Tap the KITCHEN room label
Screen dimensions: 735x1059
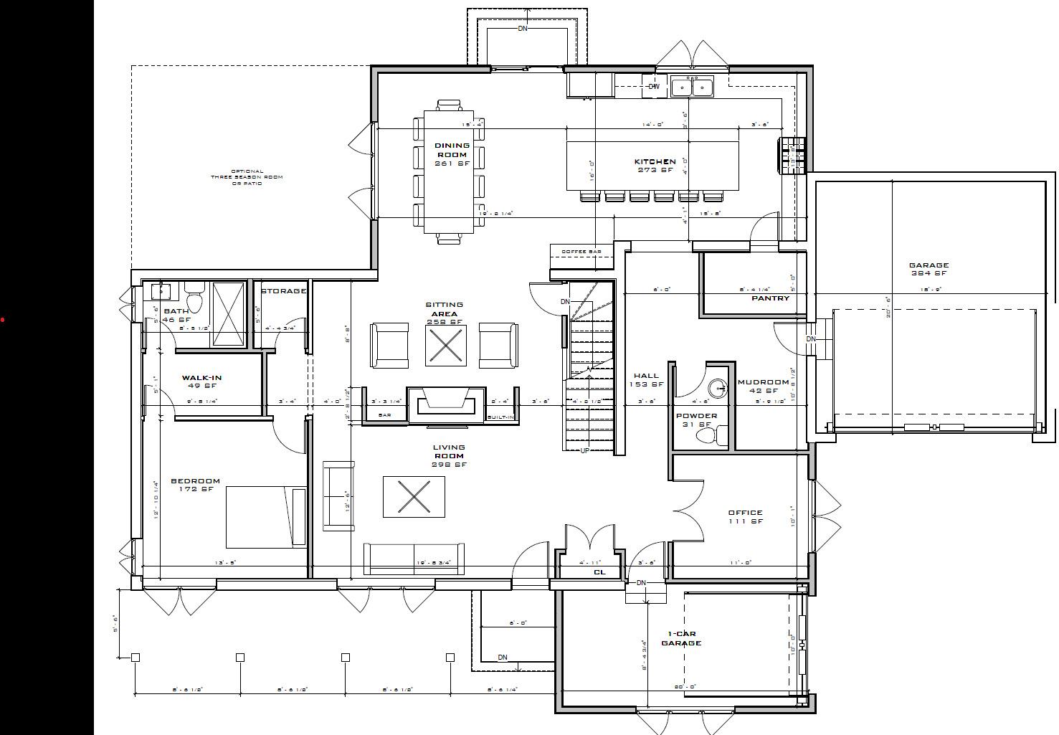click(x=655, y=162)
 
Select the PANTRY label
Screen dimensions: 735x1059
click(x=770, y=298)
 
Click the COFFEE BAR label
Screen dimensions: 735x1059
click(x=581, y=252)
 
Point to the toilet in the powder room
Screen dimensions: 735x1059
click(x=720, y=435)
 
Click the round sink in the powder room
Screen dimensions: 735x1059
click(x=717, y=389)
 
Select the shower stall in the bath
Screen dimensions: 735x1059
click(x=229, y=314)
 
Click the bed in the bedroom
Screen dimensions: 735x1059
click(x=266, y=517)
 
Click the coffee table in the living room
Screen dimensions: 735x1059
click(x=414, y=496)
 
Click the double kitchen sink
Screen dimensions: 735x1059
click(x=692, y=87)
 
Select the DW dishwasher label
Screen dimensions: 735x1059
click(x=653, y=87)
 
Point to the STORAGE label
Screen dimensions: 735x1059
click(x=283, y=291)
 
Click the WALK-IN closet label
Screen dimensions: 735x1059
click(x=201, y=378)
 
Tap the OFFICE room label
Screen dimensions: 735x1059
click(x=745, y=513)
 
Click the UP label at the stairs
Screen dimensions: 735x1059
click(x=584, y=451)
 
